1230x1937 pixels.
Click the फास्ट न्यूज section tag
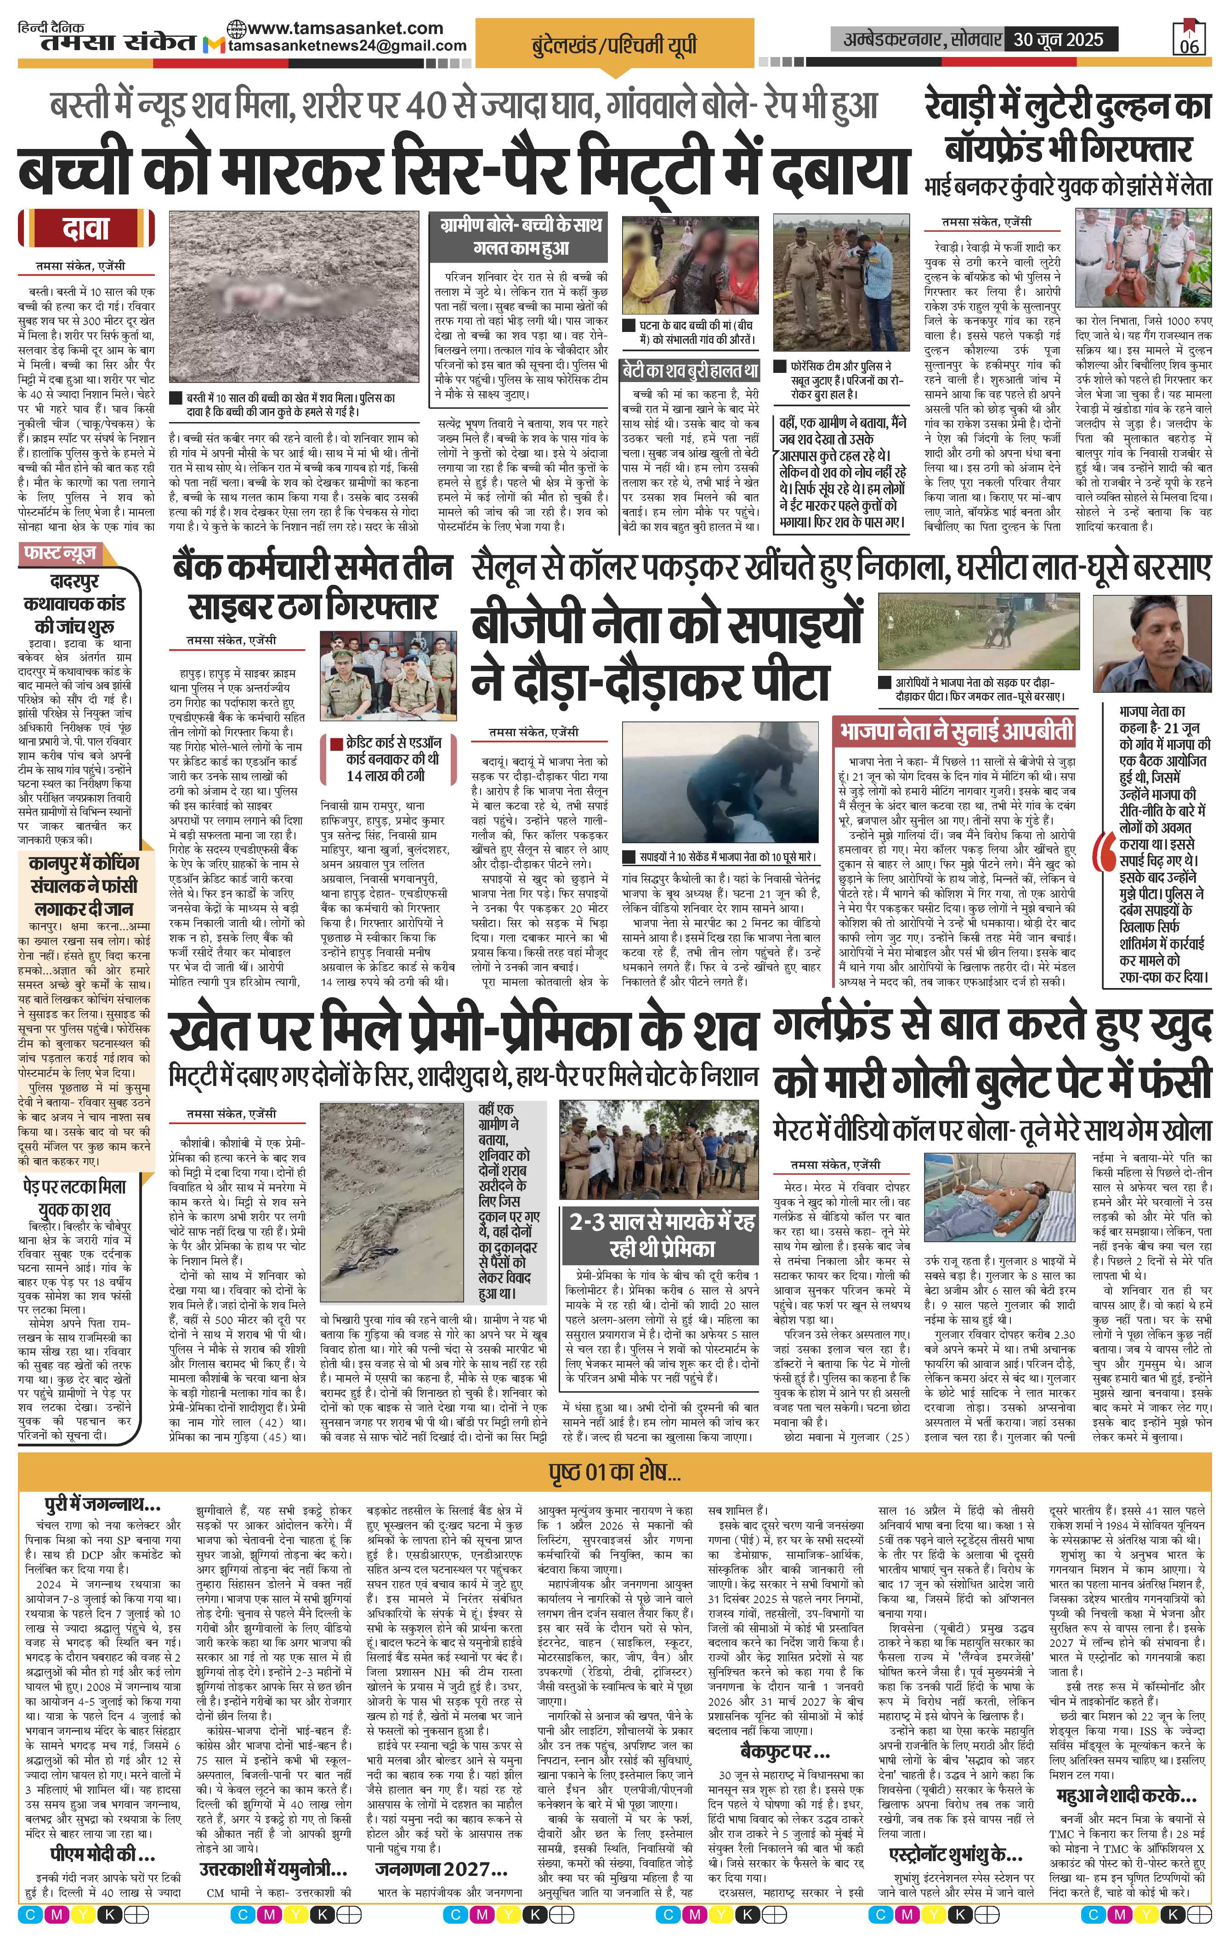tap(61, 554)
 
